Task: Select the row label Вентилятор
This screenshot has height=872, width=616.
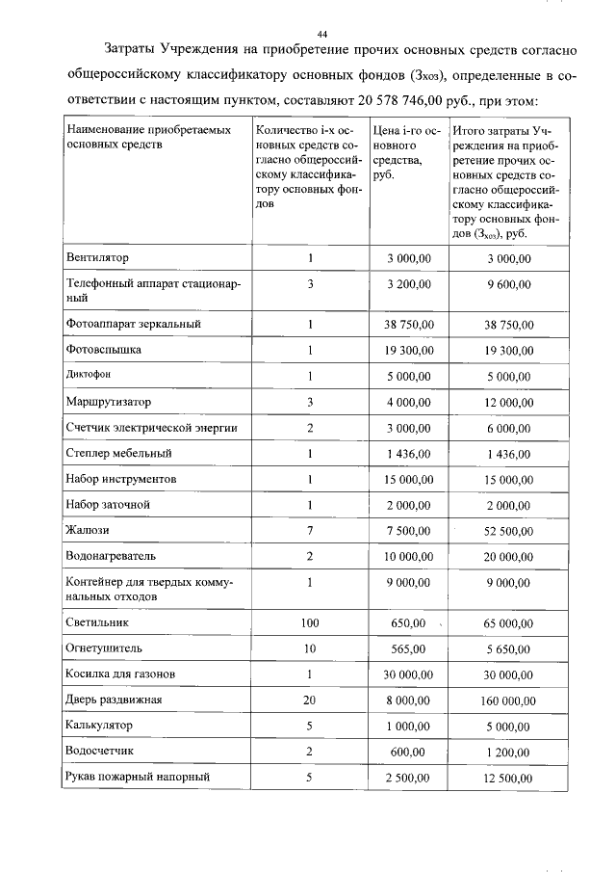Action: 97,258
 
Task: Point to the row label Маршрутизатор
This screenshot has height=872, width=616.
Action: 109,401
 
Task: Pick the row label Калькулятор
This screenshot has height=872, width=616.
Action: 99,725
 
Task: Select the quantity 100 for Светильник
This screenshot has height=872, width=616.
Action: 311,623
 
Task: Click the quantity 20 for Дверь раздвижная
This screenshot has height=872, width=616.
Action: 311,700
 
